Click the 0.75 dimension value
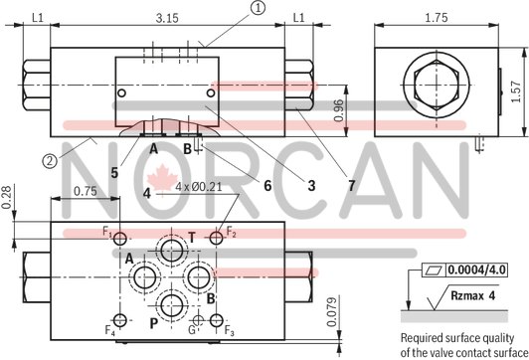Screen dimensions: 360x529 pyautogui.click(x=86, y=193)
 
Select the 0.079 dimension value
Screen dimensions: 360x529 pyautogui.click(x=332, y=312)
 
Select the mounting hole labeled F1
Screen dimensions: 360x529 pyautogui.click(x=120, y=239)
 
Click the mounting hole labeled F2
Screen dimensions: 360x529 pyautogui.click(x=217, y=238)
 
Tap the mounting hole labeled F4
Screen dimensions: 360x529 pyautogui.click(x=120, y=319)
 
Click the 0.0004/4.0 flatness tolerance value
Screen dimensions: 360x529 pyautogui.click(x=474, y=270)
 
